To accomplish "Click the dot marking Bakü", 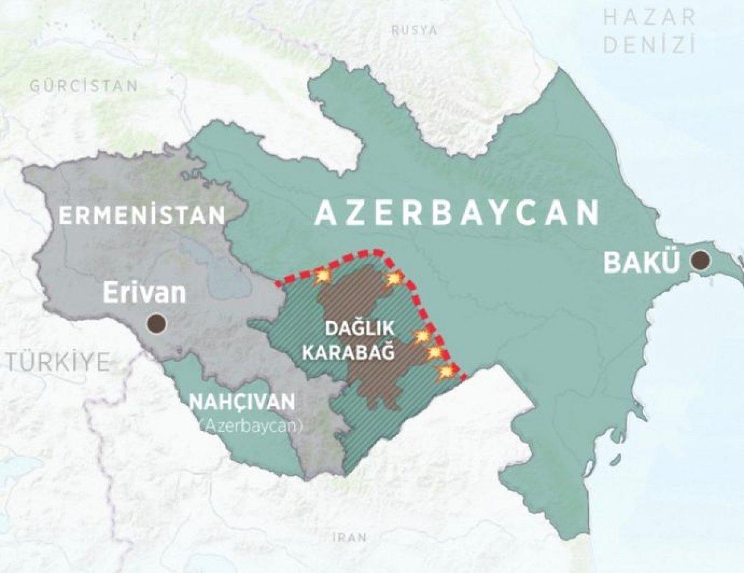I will click(x=702, y=260).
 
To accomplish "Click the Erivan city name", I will click(x=144, y=293).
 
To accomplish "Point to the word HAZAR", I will click(x=649, y=17).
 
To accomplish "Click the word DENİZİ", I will click(x=649, y=45).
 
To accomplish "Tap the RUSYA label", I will click(x=415, y=30).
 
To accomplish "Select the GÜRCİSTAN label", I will click(x=84, y=86).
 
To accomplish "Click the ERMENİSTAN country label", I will click(x=141, y=215).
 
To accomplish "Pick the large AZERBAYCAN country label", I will click(x=457, y=213).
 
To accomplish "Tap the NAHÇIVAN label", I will click(x=242, y=402).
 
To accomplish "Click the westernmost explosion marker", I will click(x=322, y=276).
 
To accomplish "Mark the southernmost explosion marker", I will click(x=446, y=372).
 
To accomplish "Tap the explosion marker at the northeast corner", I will click(x=394, y=279).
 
